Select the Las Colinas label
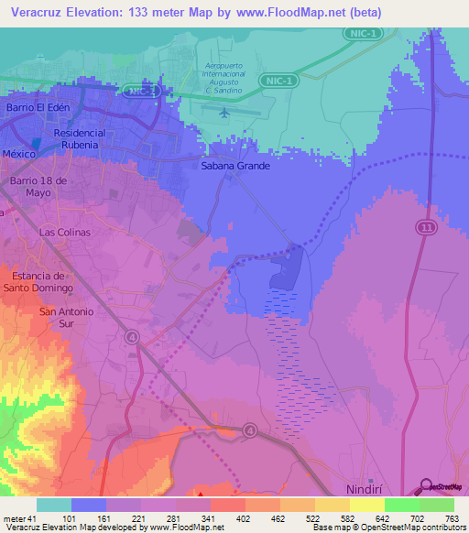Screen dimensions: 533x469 click(65, 233)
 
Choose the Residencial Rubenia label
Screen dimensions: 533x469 click(93, 138)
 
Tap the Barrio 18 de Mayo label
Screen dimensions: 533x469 click(38, 187)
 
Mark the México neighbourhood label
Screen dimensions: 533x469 click(18, 154)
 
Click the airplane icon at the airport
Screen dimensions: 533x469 click(225, 113)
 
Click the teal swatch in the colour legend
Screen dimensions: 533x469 click(53, 505)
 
